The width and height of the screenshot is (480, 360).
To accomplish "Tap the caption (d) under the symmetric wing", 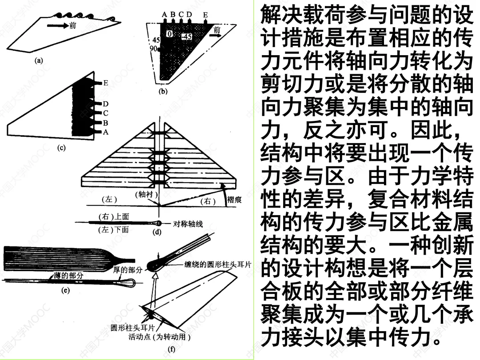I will [157, 231].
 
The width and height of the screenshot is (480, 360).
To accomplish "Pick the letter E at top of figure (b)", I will [205, 15].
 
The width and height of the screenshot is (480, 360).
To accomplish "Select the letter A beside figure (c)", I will [105, 132].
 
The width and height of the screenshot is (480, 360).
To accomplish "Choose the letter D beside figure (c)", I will [106, 104].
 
